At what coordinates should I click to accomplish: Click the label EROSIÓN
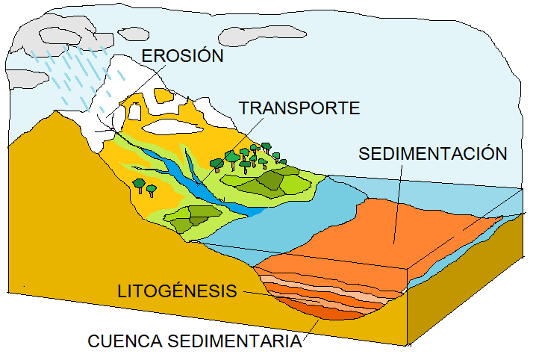tap(182, 56)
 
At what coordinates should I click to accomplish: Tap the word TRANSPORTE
tap(299, 108)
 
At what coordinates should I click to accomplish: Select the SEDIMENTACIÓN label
tap(433, 154)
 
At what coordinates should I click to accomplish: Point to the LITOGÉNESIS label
tap(178, 291)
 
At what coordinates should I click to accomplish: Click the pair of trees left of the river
tap(144, 186)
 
